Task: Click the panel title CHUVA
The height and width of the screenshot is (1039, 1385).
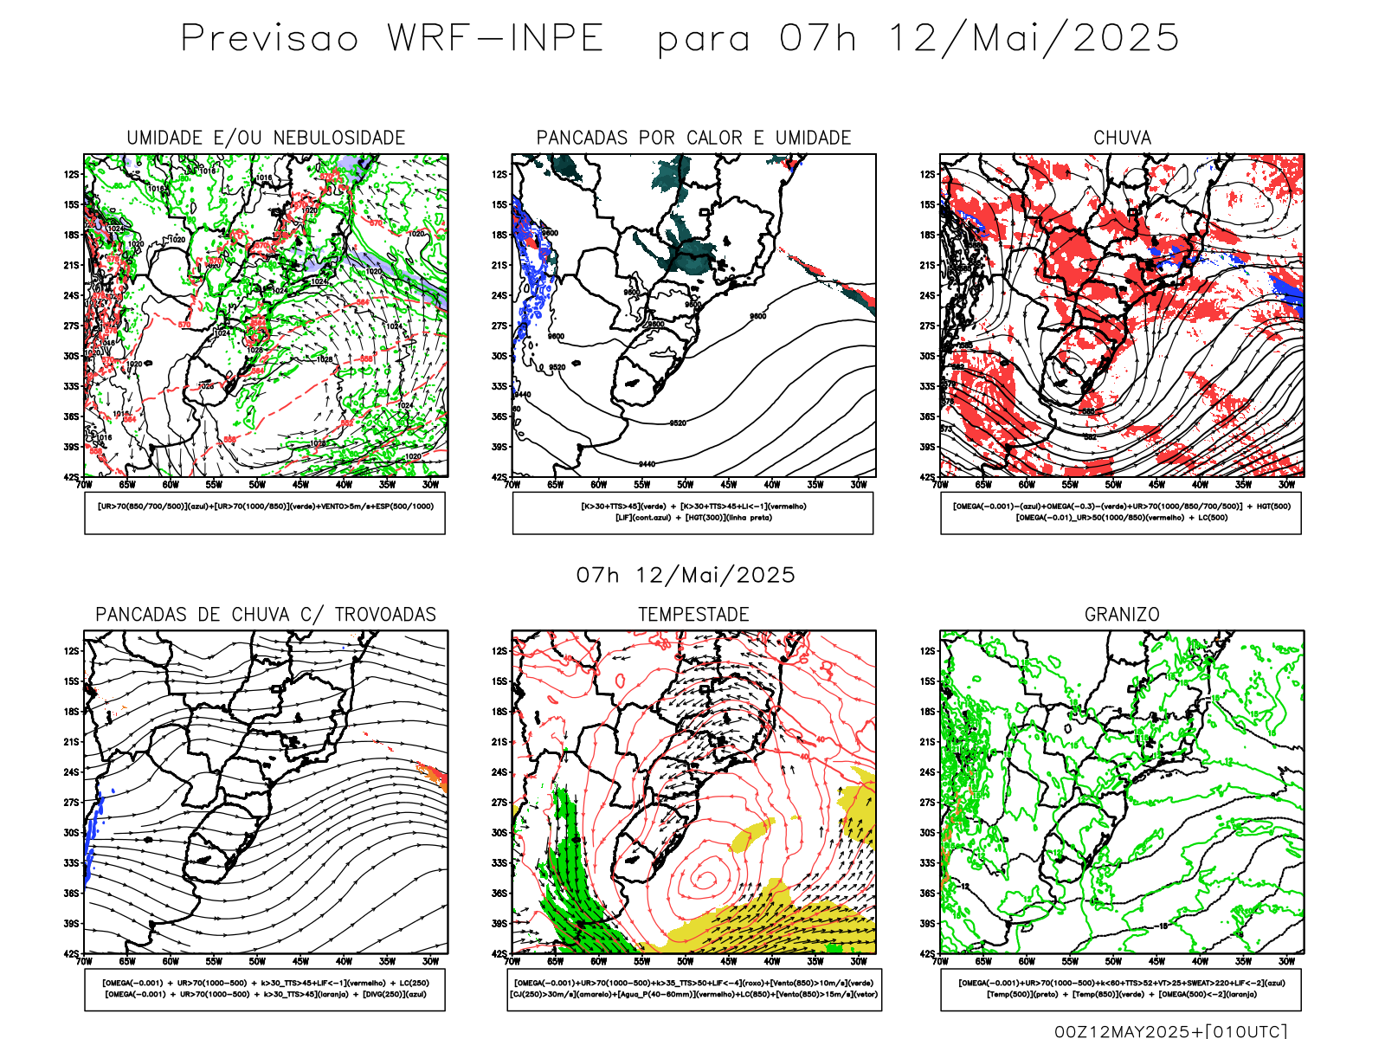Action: click(1122, 138)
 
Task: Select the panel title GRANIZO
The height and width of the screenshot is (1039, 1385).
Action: click(1122, 615)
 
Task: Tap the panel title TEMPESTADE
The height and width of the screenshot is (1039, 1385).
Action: click(693, 615)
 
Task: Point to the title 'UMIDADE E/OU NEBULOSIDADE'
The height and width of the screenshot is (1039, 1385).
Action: click(266, 138)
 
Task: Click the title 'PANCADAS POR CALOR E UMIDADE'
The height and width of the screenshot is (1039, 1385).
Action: click(693, 138)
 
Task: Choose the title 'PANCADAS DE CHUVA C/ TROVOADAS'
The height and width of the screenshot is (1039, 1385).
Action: click(266, 615)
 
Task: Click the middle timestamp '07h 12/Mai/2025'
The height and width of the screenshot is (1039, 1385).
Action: click(686, 576)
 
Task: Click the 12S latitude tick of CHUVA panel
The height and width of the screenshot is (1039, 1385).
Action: click(927, 175)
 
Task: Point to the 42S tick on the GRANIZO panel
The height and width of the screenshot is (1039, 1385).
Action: click(927, 954)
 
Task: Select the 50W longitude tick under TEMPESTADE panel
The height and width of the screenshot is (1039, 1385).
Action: click(685, 962)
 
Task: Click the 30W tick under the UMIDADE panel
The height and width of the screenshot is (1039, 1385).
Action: click(430, 485)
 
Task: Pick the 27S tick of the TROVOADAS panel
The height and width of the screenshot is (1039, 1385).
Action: click(71, 803)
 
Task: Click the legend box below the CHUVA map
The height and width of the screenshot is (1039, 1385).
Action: click(1121, 513)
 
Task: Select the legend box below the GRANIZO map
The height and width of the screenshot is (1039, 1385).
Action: click(1121, 989)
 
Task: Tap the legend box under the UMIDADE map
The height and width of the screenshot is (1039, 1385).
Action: click(265, 513)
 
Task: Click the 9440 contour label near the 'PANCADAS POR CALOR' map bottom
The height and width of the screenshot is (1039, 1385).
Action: click(647, 464)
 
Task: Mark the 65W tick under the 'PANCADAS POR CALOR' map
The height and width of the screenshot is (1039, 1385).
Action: click(555, 485)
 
